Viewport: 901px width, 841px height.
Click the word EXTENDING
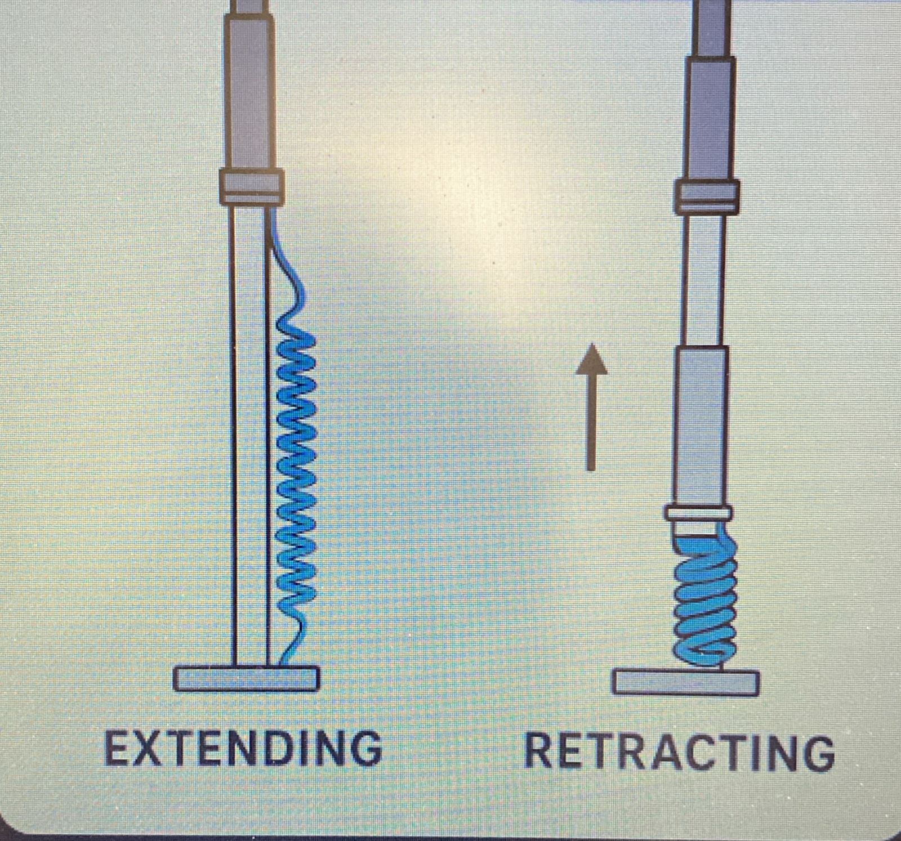[243, 748]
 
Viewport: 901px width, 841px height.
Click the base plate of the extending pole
[246, 678]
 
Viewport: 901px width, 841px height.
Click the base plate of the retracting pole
[686, 683]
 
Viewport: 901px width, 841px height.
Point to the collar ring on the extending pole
[251, 185]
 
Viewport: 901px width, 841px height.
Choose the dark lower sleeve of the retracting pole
[701, 425]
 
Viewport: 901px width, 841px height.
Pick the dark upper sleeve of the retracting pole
[710, 118]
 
